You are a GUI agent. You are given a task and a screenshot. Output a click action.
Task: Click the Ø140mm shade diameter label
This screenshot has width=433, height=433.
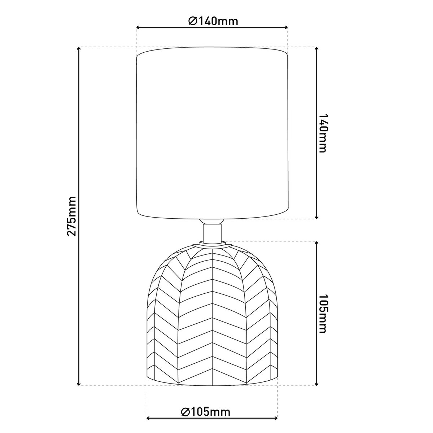[213, 21]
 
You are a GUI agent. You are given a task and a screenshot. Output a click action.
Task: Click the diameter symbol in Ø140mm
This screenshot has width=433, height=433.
[192, 21]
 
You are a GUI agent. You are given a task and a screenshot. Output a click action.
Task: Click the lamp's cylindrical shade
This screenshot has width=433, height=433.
[212, 134]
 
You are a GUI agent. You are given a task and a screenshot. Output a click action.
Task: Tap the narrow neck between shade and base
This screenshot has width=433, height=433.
[212, 233]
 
